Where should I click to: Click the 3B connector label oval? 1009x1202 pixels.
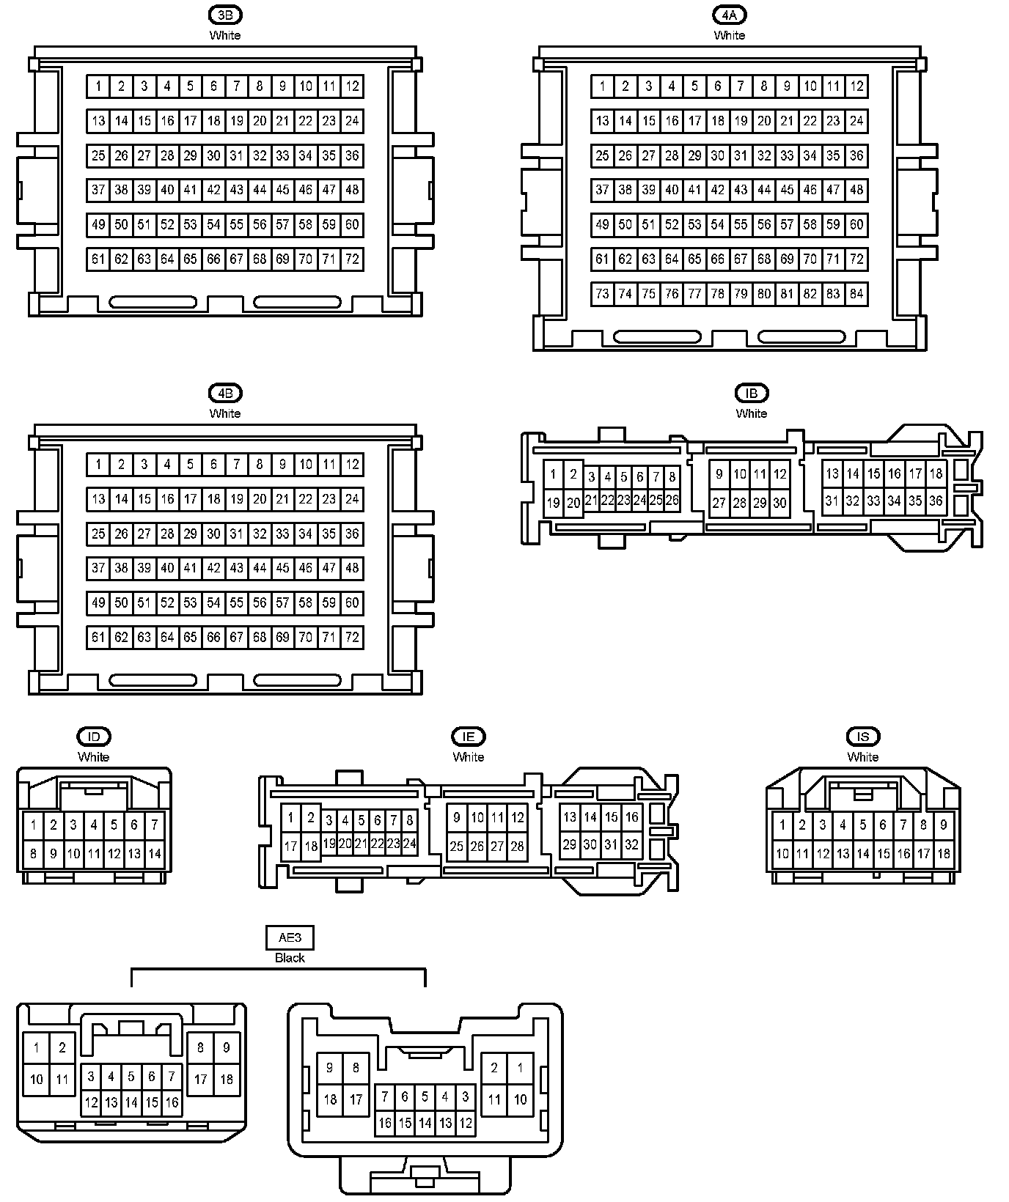225,15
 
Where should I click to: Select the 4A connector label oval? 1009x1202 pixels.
729,15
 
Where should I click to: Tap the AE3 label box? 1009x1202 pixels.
290,937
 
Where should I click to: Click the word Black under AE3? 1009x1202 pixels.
290,958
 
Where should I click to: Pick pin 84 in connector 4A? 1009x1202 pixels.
856,294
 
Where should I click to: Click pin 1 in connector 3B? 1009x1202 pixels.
98,86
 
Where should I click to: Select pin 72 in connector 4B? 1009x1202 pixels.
352,637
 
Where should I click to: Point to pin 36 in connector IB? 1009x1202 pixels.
936,502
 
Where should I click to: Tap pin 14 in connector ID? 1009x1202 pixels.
155,854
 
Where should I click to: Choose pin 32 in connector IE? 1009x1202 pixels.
631,845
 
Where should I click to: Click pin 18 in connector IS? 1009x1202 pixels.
944,854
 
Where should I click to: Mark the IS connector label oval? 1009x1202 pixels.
863,737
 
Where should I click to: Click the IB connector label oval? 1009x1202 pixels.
752,393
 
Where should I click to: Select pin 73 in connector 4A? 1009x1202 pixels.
602,294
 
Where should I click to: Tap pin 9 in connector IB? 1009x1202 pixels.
719,474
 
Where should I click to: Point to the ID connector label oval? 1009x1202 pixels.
94,737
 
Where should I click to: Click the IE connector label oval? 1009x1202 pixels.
469,737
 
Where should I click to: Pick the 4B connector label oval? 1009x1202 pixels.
225,393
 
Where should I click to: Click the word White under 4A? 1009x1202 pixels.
729,35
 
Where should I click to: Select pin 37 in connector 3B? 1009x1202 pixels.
98,190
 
